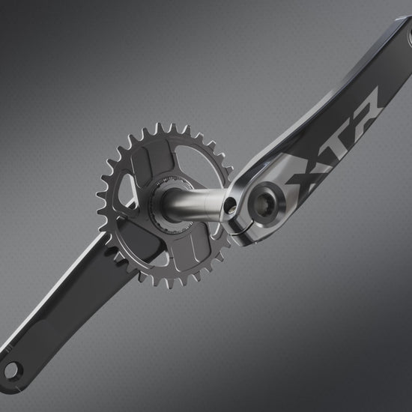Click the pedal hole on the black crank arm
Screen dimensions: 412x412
(12, 371)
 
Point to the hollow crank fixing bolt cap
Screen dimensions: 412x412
(265, 204)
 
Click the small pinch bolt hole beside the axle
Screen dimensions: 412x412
(231, 205)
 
